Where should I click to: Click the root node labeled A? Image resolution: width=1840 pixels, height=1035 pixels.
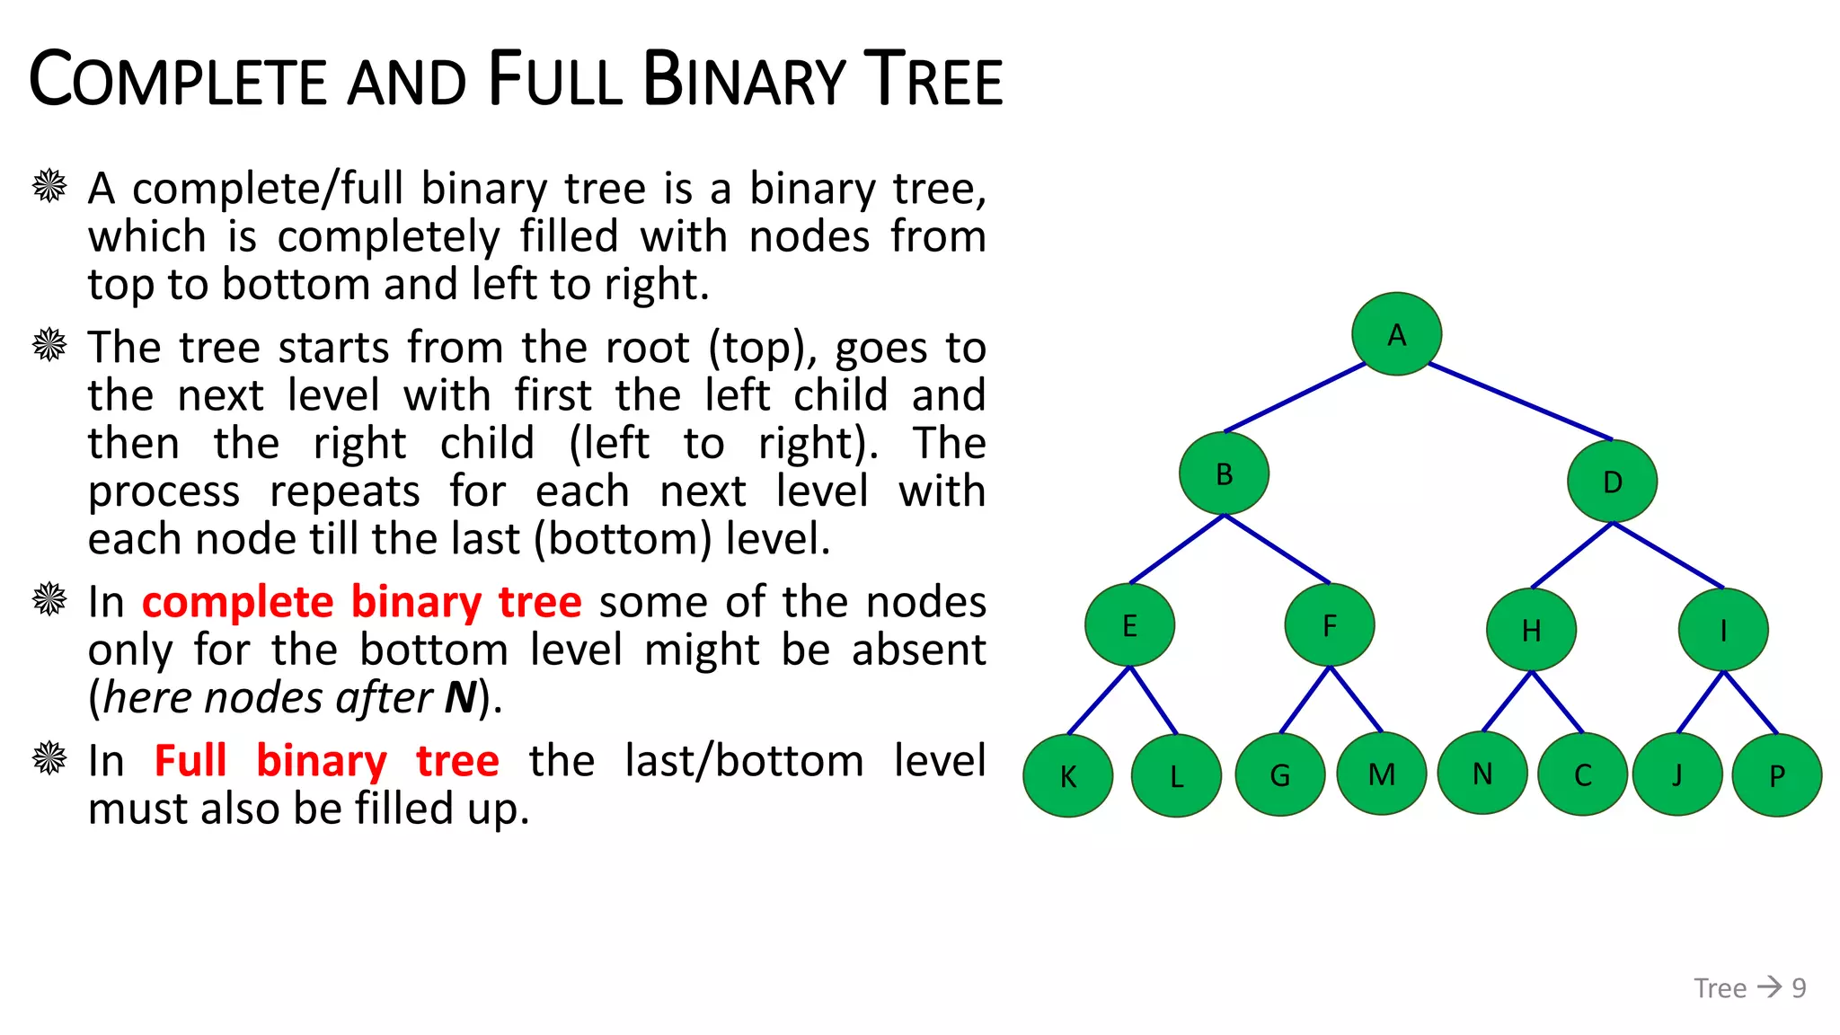[x=1396, y=334]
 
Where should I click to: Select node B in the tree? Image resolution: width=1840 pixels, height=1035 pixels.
[x=1224, y=473]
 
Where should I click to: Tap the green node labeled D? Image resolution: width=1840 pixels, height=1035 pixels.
[x=1612, y=482]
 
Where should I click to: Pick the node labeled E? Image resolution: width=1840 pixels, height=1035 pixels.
[x=1129, y=625]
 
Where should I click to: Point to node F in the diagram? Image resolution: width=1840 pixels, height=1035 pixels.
[x=1330, y=625]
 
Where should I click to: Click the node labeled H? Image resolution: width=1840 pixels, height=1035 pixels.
[x=1531, y=630]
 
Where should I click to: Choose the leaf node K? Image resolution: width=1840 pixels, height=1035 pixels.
[x=1067, y=775]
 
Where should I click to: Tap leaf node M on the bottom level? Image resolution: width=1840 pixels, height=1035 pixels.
[x=1382, y=774]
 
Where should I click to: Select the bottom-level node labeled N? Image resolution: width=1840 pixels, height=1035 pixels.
[x=1482, y=773]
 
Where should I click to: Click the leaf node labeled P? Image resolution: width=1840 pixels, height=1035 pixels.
[x=1776, y=775]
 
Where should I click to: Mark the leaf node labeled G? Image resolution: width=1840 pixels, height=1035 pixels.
[x=1280, y=774]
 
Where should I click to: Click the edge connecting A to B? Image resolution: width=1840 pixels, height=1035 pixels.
[x=1295, y=398]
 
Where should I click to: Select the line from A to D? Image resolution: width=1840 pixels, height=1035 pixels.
[x=1520, y=402]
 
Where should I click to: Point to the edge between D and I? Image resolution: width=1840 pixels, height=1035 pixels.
[x=1668, y=555]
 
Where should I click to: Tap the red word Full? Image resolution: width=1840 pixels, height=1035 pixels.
[x=190, y=761]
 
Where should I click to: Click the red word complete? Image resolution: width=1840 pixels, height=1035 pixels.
[x=237, y=602]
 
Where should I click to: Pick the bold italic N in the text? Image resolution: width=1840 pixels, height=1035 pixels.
[x=461, y=698]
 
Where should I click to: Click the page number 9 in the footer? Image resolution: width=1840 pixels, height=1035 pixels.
[x=1799, y=988]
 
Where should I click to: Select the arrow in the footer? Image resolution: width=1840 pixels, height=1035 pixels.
[x=1769, y=987]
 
